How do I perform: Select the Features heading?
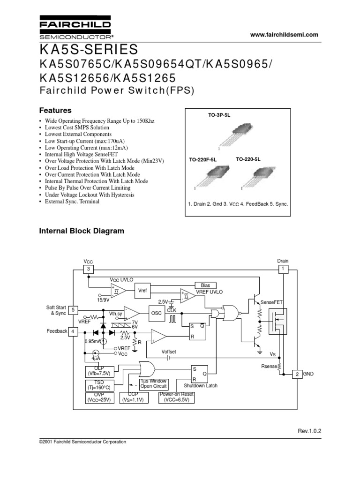[x=54, y=111]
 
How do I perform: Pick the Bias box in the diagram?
[x=205, y=285]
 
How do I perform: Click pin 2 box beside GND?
[x=297, y=374]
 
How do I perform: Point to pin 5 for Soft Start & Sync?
[x=74, y=310]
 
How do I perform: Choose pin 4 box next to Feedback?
[x=74, y=331]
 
